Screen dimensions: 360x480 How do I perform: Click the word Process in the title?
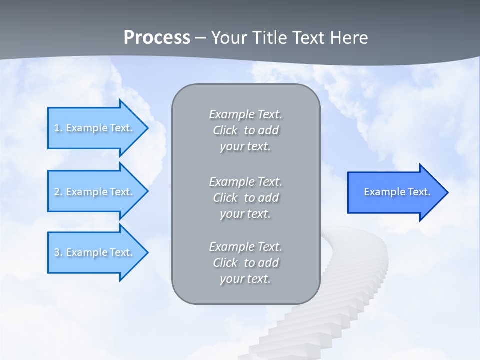(157, 37)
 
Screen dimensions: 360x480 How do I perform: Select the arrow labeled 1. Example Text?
(95, 128)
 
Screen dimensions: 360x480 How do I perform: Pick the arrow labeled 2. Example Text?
(95, 192)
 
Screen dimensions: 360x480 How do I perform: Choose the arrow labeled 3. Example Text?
(95, 252)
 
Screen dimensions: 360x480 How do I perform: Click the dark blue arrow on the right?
(395, 192)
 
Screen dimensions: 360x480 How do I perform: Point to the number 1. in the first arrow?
(58, 128)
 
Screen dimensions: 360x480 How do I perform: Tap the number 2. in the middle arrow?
(58, 192)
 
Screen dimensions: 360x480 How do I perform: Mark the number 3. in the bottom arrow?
(58, 252)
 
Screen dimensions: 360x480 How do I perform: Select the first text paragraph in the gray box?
(246, 130)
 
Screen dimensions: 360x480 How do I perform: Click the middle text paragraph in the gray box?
(246, 198)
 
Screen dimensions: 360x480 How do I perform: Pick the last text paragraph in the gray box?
(246, 263)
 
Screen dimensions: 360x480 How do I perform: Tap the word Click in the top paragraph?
(225, 130)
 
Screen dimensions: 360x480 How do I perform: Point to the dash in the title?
(200, 38)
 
